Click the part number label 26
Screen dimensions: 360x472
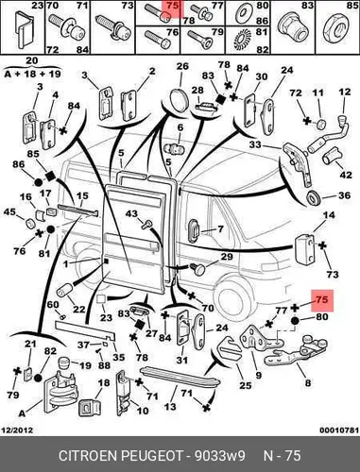click(182, 66)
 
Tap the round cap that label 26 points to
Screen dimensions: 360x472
click(179, 98)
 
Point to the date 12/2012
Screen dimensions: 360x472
click(18, 430)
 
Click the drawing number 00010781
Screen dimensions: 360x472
click(339, 430)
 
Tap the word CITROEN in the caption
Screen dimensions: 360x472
click(88, 456)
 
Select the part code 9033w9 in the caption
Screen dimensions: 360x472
click(220, 456)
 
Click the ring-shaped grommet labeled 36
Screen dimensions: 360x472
click(314, 198)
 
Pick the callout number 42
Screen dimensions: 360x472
click(346, 174)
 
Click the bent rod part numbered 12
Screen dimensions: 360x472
click(328, 136)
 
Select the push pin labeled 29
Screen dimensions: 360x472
click(197, 268)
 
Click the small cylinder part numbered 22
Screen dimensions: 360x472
click(64, 291)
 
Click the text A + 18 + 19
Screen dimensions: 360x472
click(32, 74)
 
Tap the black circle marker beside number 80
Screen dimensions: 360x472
click(295, 321)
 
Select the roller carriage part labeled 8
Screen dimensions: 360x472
click(296, 352)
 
